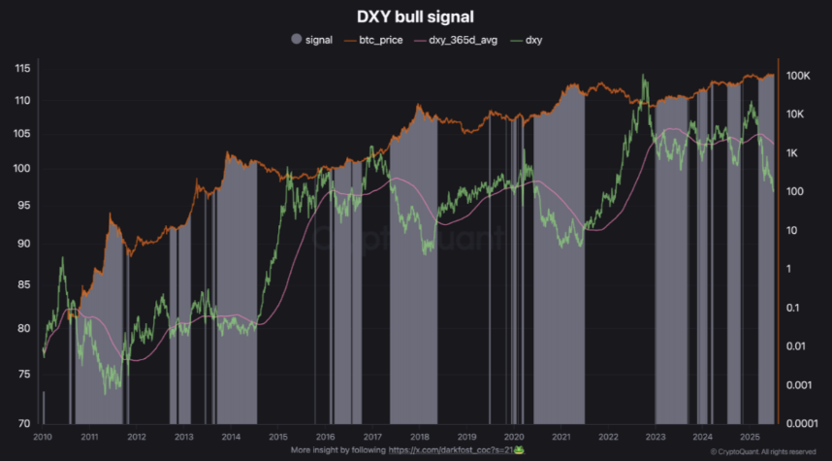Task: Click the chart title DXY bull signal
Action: point(415,17)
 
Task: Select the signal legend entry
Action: point(312,40)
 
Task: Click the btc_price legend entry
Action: point(377,40)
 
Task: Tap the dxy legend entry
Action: point(528,40)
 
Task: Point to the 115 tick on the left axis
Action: point(22,68)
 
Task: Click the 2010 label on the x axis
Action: point(41,437)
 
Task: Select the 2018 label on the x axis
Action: point(419,437)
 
